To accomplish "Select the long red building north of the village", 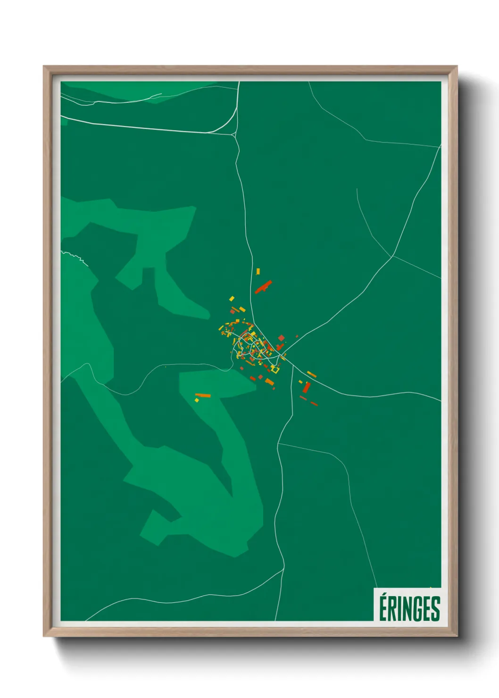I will [263, 286].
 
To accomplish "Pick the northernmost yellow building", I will [258, 272].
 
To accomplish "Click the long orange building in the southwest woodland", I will [203, 395].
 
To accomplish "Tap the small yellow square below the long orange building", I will [197, 400].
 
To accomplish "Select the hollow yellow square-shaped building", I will [275, 369].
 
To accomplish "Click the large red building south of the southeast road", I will [306, 388].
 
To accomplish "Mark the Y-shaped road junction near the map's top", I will [234, 135].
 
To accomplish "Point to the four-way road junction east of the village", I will [392, 257].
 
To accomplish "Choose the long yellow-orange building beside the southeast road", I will [311, 374].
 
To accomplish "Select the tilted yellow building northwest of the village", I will [232, 299].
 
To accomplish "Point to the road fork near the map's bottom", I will [283, 569].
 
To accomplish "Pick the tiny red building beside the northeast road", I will [297, 336].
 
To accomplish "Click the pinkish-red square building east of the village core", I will [282, 338].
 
